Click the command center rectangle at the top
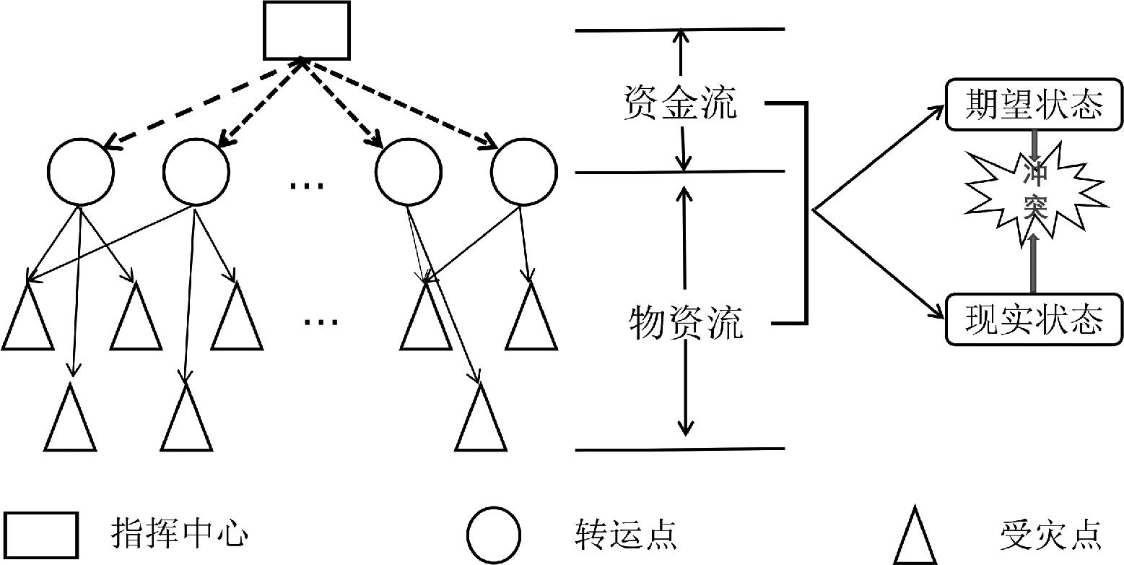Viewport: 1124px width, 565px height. tap(306, 30)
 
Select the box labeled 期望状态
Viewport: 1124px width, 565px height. tap(1034, 106)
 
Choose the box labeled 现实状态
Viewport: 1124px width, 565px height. tap(1034, 318)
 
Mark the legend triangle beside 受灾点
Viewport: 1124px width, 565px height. tap(916, 536)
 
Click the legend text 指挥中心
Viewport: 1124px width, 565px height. tap(179, 535)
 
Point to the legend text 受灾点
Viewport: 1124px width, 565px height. tap(1050, 535)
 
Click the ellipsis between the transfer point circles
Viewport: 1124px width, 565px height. tap(307, 185)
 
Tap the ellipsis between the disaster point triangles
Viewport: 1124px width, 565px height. tap(321, 321)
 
